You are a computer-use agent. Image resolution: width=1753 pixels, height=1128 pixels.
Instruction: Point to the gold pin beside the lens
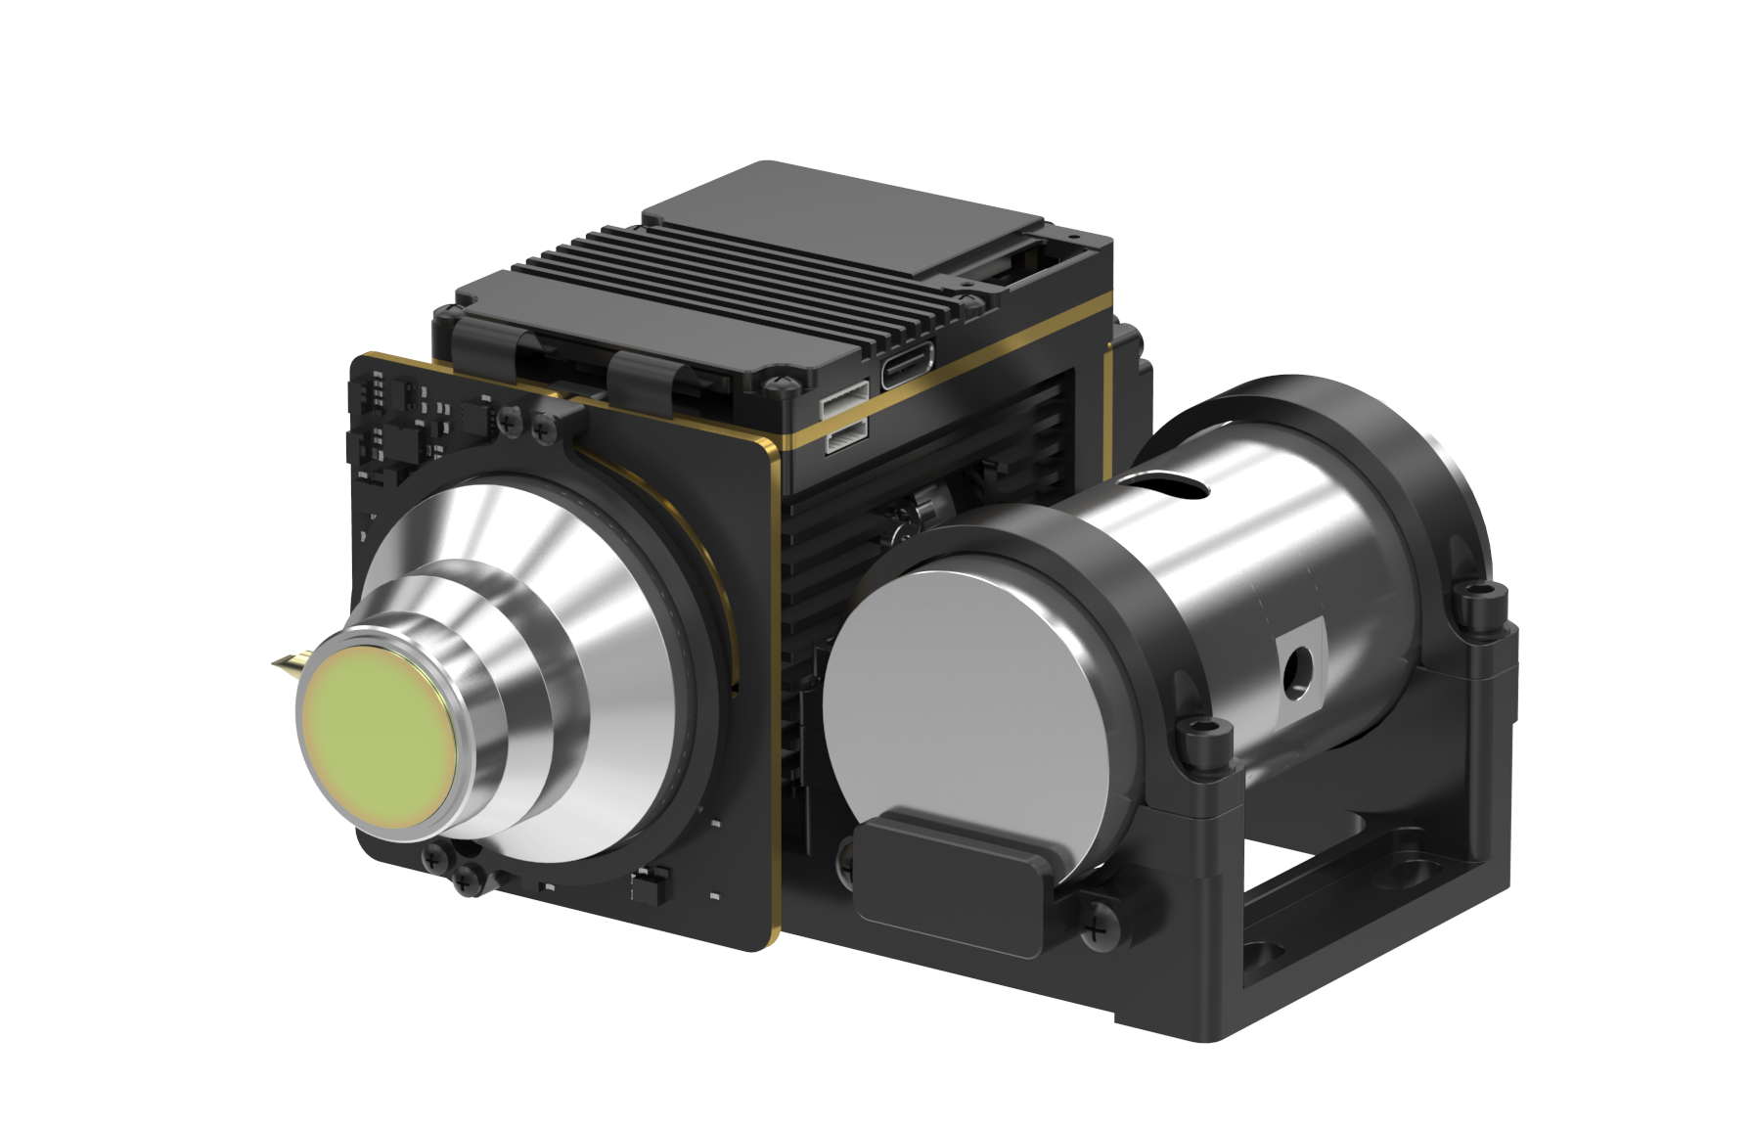tap(287, 666)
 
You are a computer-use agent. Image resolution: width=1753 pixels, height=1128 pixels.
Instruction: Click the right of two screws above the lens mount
tap(541, 428)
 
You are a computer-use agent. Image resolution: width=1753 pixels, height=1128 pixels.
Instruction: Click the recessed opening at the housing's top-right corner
tap(1017, 264)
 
